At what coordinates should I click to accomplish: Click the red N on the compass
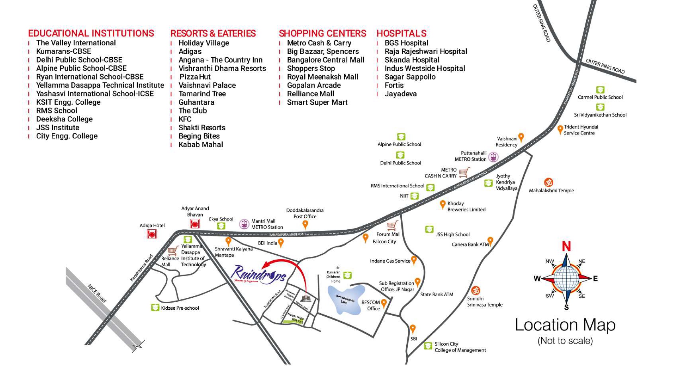pos(566,246)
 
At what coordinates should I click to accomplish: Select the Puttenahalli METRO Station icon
pos(493,156)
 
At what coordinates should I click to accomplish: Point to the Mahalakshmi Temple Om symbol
pos(549,182)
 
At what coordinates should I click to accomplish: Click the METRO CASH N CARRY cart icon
pos(464,172)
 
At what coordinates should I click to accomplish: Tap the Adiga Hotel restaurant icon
pos(152,234)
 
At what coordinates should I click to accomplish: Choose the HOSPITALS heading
pos(401,33)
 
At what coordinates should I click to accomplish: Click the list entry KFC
pos(185,119)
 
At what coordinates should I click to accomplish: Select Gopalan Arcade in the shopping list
pos(313,85)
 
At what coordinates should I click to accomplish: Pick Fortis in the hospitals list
pos(394,85)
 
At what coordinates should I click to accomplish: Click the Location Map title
pos(565,325)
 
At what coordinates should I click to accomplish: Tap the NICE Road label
pos(97,293)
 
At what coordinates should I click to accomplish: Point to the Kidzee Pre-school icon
pos(155,308)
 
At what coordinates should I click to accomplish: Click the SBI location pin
pos(413,329)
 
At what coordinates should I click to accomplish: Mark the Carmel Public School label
pos(600,97)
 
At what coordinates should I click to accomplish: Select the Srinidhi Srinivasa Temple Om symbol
pos(475,290)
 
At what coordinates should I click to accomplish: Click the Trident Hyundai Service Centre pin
pos(560,129)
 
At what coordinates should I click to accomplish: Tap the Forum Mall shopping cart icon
pos(393,226)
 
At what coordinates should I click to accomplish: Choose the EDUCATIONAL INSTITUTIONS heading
pos(91,33)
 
